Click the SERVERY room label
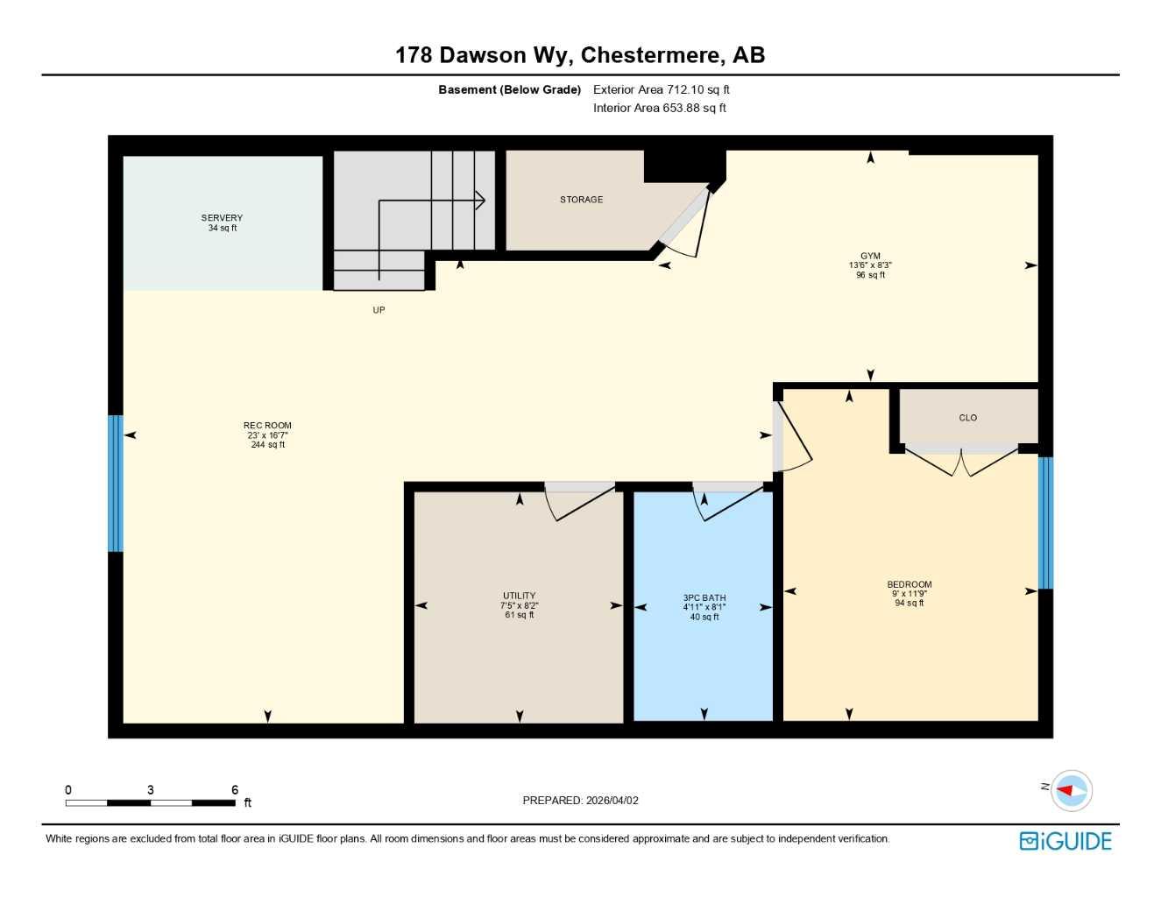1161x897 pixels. (x=222, y=218)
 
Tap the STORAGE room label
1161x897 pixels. (x=581, y=200)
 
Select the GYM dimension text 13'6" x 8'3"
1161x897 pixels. (x=870, y=265)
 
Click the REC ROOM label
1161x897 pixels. (x=267, y=426)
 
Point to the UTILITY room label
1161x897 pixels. (x=519, y=596)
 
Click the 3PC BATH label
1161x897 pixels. (x=704, y=598)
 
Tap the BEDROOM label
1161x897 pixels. (x=909, y=584)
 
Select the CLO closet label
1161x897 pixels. (x=967, y=418)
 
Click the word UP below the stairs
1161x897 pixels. (x=379, y=310)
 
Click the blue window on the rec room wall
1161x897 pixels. (x=116, y=484)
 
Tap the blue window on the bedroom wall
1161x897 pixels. (x=1044, y=523)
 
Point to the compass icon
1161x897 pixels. (x=1071, y=790)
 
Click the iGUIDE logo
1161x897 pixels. (x=1065, y=841)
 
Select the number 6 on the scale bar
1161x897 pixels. (x=235, y=790)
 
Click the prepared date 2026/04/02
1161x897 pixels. (x=612, y=800)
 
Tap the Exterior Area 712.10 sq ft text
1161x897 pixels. (x=661, y=89)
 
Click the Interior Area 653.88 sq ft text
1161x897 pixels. (x=659, y=108)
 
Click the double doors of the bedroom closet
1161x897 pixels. (x=961, y=461)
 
